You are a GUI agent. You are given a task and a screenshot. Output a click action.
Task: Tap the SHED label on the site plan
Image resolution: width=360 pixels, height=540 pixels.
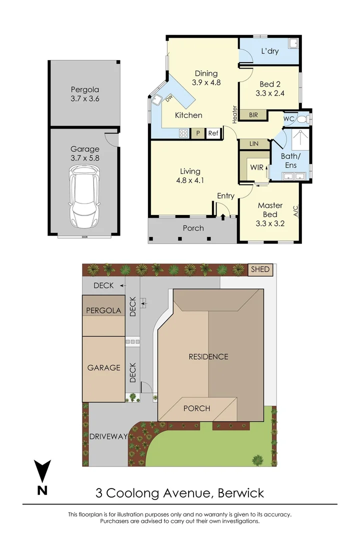(x=260, y=269)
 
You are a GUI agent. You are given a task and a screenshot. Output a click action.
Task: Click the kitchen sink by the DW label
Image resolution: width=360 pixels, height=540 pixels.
(x=157, y=100)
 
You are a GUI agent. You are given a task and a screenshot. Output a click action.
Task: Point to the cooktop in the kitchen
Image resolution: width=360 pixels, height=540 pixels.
(x=183, y=133)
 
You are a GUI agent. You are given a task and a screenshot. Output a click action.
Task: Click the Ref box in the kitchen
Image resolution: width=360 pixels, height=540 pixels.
(x=213, y=133)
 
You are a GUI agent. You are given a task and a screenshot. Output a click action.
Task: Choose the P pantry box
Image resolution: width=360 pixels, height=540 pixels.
(x=198, y=133)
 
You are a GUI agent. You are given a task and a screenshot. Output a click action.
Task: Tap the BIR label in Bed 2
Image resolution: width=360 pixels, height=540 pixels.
(x=253, y=115)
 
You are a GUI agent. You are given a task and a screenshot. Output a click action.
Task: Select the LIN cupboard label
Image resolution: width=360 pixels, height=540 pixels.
(x=254, y=143)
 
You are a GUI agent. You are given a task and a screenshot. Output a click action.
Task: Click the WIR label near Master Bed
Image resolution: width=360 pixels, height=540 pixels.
(x=257, y=166)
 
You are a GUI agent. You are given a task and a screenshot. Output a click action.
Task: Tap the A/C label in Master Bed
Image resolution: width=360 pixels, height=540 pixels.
(x=295, y=211)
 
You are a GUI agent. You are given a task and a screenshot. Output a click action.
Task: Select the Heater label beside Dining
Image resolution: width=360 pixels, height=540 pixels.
(x=234, y=114)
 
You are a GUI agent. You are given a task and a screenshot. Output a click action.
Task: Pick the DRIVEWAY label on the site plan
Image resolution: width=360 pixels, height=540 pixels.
(x=108, y=436)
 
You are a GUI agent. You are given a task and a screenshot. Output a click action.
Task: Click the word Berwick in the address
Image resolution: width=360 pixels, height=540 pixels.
(x=240, y=493)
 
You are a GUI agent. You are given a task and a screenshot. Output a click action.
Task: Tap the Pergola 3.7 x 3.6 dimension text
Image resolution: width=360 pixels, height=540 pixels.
(x=85, y=98)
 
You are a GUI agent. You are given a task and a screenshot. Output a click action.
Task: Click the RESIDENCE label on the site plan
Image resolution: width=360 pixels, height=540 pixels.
(x=208, y=356)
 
